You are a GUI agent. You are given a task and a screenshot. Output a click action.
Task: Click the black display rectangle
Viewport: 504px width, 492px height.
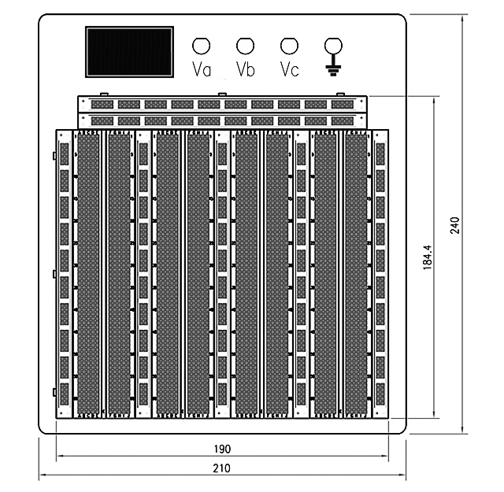[129, 52]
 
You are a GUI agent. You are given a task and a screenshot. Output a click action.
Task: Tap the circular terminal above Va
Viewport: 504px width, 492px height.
[202, 46]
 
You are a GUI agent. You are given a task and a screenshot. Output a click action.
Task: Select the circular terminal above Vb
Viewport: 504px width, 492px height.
[245, 46]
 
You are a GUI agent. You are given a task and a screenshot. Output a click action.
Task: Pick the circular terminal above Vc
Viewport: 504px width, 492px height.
[289, 46]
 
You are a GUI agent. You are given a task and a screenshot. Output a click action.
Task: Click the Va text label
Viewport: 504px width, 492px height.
[202, 69]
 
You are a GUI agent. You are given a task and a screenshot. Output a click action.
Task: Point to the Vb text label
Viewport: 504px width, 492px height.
[246, 69]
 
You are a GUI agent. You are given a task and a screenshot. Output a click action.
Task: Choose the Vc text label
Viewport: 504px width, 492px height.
[290, 69]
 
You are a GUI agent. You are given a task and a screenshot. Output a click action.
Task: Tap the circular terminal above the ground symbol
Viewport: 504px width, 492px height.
[333, 46]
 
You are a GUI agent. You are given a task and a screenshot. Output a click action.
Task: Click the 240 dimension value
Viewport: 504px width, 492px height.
[455, 225]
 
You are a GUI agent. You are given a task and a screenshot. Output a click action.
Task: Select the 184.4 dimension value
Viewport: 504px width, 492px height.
[428, 257]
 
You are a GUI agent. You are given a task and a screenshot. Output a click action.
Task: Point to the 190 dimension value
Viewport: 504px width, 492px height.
[222, 449]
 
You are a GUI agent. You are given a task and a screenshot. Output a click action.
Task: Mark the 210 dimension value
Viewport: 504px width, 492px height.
[222, 468]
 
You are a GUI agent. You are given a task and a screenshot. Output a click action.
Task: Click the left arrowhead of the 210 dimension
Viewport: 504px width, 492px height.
[43, 475]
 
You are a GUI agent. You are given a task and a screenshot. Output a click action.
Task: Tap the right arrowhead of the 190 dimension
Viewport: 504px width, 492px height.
[385, 456]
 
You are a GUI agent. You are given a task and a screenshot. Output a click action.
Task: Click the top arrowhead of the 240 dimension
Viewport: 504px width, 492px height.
[462, 19]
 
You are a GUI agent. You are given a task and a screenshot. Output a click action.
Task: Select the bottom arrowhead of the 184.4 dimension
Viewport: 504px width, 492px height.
[435, 415]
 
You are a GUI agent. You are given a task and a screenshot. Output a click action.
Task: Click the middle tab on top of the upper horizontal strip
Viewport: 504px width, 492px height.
[222, 94]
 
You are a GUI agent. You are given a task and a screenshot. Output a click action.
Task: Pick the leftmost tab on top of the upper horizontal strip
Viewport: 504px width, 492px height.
[104, 94]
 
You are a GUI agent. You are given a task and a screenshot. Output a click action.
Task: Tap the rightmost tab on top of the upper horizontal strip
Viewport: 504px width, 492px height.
[340, 94]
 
